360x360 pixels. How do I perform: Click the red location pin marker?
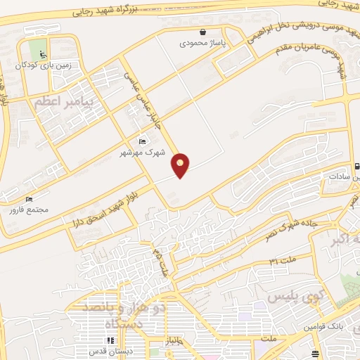pyautogui.click(x=181, y=165)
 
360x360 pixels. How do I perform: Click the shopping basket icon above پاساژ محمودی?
pyautogui.click(x=203, y=32)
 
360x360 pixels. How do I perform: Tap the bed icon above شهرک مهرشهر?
pyautogui.click(x=143, y=142)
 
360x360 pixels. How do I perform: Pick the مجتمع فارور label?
pyautogui.click(x=30, y=208)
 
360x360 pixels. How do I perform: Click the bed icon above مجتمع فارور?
pyautogui.click(x=29, y=198)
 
